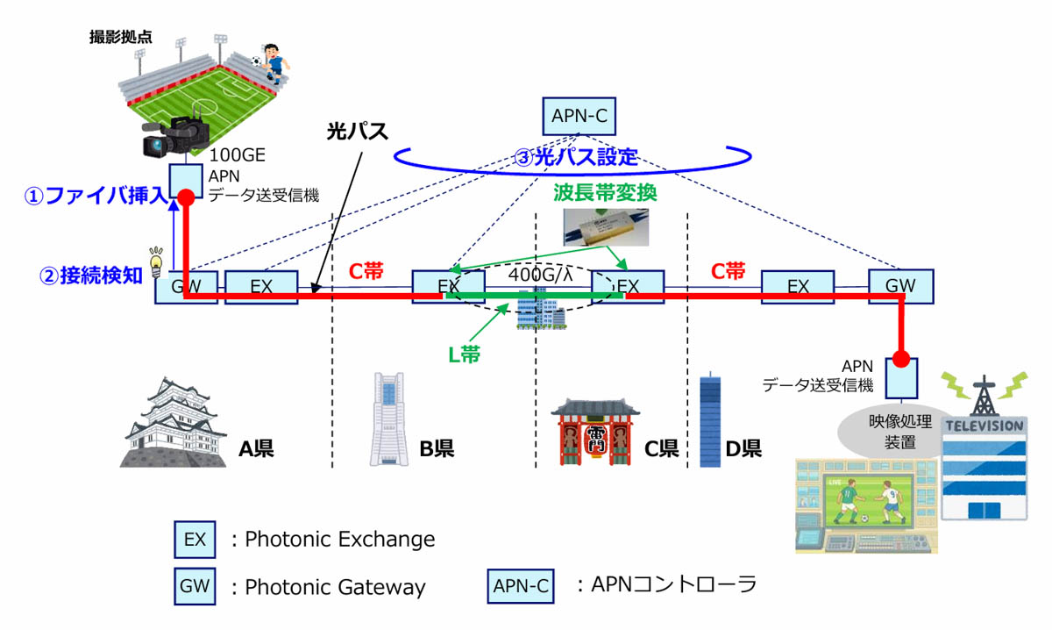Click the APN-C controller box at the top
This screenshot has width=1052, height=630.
point(578,114)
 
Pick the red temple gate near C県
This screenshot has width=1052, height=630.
point(594,433)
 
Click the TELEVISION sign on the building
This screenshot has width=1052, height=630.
point(983,426)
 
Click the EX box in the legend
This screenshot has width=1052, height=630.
point(195,539)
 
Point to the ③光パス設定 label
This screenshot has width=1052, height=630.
point(575,159)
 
